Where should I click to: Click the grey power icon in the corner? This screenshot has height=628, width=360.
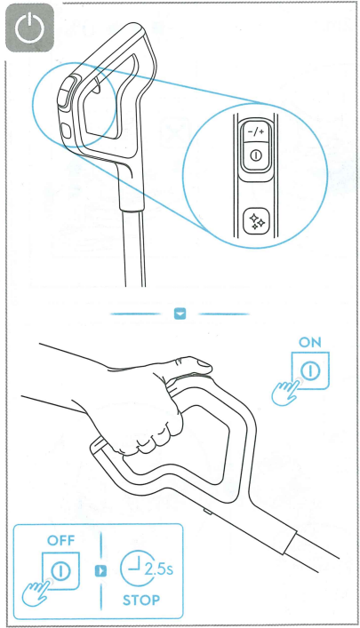point(29,28)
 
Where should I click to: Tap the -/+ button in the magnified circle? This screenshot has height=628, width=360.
point(256,131)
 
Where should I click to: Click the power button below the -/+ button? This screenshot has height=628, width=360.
point(256,155)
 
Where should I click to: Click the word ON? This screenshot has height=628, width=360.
point(310,342)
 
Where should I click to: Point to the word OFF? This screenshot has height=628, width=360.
point(61,540)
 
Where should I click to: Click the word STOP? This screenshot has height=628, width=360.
point(141,600)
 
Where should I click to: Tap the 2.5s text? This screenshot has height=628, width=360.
point(158,569)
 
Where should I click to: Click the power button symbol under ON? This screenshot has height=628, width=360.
point(310,371)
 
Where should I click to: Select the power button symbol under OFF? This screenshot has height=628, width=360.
point(61,571)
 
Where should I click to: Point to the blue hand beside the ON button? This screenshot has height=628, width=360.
point(284,393)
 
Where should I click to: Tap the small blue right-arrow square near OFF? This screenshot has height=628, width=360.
point(100,571)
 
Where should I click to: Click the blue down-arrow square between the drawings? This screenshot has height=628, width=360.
point(180,314)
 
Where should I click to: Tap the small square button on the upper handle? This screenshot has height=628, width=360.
point(66,131)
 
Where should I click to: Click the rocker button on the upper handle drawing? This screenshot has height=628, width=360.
point(66,92)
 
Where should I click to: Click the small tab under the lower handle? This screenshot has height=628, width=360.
point(208,512)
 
